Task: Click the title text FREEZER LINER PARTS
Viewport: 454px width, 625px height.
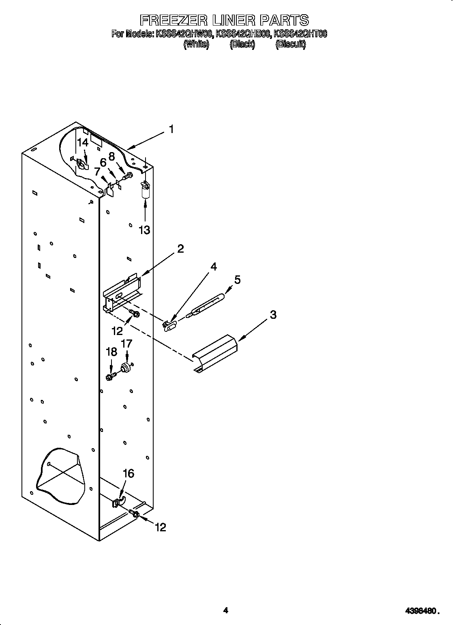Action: pyautogui.click(x=224, y=20)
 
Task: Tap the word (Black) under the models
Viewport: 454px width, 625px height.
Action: pyautogui.click(x=242, y=45)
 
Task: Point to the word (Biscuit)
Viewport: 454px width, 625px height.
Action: pyautogui.click(x=290, y=45)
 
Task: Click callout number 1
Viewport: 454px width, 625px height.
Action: pyautogui.click(x=172, y=129)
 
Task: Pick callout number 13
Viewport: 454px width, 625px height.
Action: pyautogui.click(x=144, y=230)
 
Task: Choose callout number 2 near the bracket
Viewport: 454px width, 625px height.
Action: pyautogui.click(x=180, y=248)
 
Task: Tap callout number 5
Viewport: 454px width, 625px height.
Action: pyautogui.click(x=237, y=279)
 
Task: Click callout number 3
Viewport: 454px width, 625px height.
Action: pyautogui.click(x=273, y=314)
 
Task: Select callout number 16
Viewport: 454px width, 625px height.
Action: pyautogui.click(x=128, y=473)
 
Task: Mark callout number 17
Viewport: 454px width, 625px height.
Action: pyautogui.click(x=126, y=344)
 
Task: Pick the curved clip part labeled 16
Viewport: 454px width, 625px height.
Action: pyautogui.click(x=118, y=502)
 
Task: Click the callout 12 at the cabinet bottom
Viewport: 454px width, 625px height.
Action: pyautogui.click(x=161, y=527)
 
